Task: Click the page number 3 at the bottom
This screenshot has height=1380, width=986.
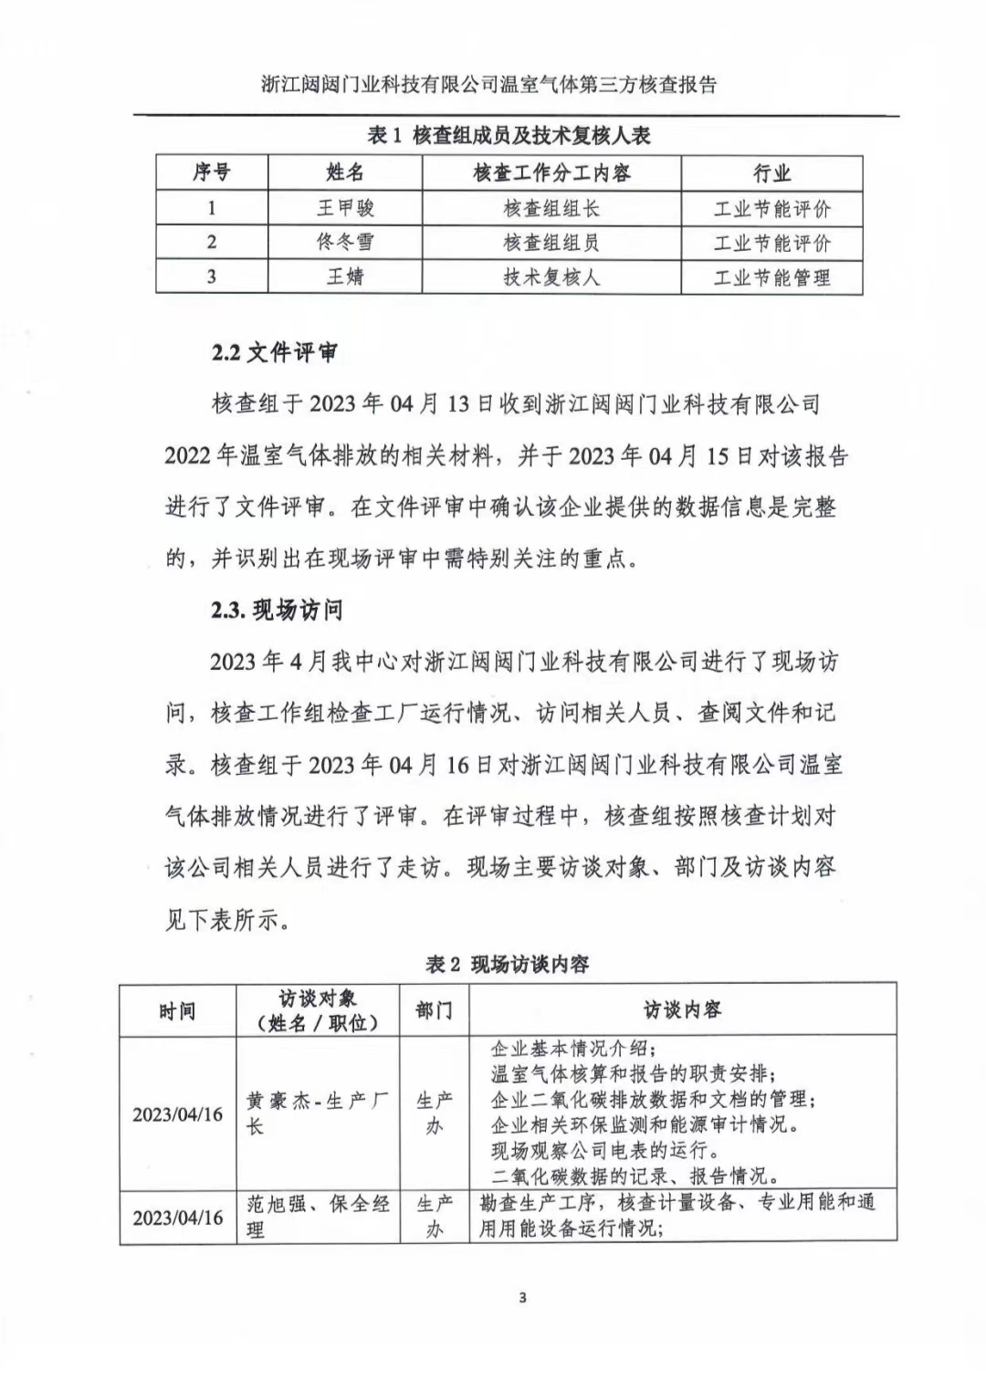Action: (x=522, y=1298)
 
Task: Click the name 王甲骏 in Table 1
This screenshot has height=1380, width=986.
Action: (x=345, y=208)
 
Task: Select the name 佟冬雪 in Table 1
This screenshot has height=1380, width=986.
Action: (x=345, y=242)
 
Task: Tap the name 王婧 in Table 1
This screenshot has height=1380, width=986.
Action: (x=345, y=277)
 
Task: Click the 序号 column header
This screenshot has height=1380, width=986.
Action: (x=212, y=172)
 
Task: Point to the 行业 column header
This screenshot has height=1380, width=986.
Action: (x=771, y=172)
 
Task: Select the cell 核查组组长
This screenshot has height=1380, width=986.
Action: (x=551, y=208)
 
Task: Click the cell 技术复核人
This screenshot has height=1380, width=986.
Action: (x=551, y=277)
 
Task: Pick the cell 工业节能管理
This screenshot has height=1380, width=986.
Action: (x=771, y=277)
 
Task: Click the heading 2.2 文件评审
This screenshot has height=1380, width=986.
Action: (x=274, y=352)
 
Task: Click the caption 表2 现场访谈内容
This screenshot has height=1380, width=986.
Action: (x=507, y=964)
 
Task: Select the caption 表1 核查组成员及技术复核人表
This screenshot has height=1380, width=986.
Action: (x=509, y=136)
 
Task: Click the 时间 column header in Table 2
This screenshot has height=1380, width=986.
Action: (x=177, y=1010)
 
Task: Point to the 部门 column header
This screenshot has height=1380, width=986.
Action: (x=434, y=1010)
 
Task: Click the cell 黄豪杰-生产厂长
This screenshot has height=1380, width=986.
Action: (x=317, y=1113)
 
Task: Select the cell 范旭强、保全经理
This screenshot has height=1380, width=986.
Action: (x=317, y=1216)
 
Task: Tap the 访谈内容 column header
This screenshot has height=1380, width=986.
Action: (x=682, y=1009)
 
